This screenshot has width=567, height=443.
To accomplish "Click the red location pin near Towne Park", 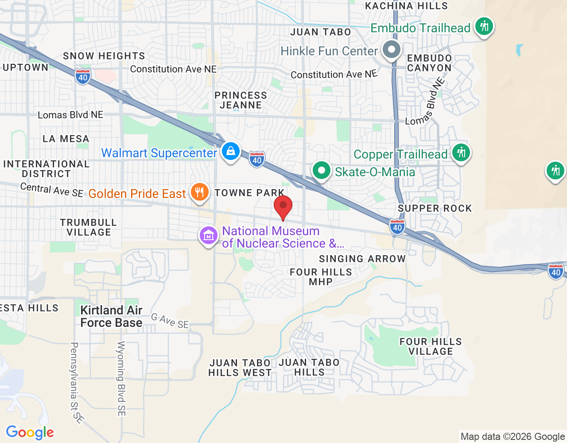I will tap(283, 206).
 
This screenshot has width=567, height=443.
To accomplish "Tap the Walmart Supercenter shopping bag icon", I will tap(231, 152).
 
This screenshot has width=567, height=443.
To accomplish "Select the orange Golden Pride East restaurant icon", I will tap(200, 192).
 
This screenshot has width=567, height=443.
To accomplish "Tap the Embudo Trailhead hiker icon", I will tap(484, 27).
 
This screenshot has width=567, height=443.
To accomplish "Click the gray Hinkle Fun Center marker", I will tap(392, 50).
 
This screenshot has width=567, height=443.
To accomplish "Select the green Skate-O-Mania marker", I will tap(321, 171).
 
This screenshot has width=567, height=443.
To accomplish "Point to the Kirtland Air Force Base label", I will tap(111, 316).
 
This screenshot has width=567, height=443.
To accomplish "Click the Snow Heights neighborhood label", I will tap(104, 56).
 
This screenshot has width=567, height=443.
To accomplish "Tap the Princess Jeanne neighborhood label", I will tap(241, 100).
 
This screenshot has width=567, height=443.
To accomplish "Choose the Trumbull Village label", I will tap(89, 227).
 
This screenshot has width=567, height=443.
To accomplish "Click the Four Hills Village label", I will tap(431, 346).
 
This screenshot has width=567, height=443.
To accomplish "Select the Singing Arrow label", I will tap(362, 259).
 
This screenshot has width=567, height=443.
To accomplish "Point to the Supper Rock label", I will tap(435, 208).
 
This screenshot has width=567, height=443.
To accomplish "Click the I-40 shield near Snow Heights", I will tap(83, 77).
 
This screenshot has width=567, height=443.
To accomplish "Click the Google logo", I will tap(30, 432).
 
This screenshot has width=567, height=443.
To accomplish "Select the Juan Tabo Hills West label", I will tap(240, 368).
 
